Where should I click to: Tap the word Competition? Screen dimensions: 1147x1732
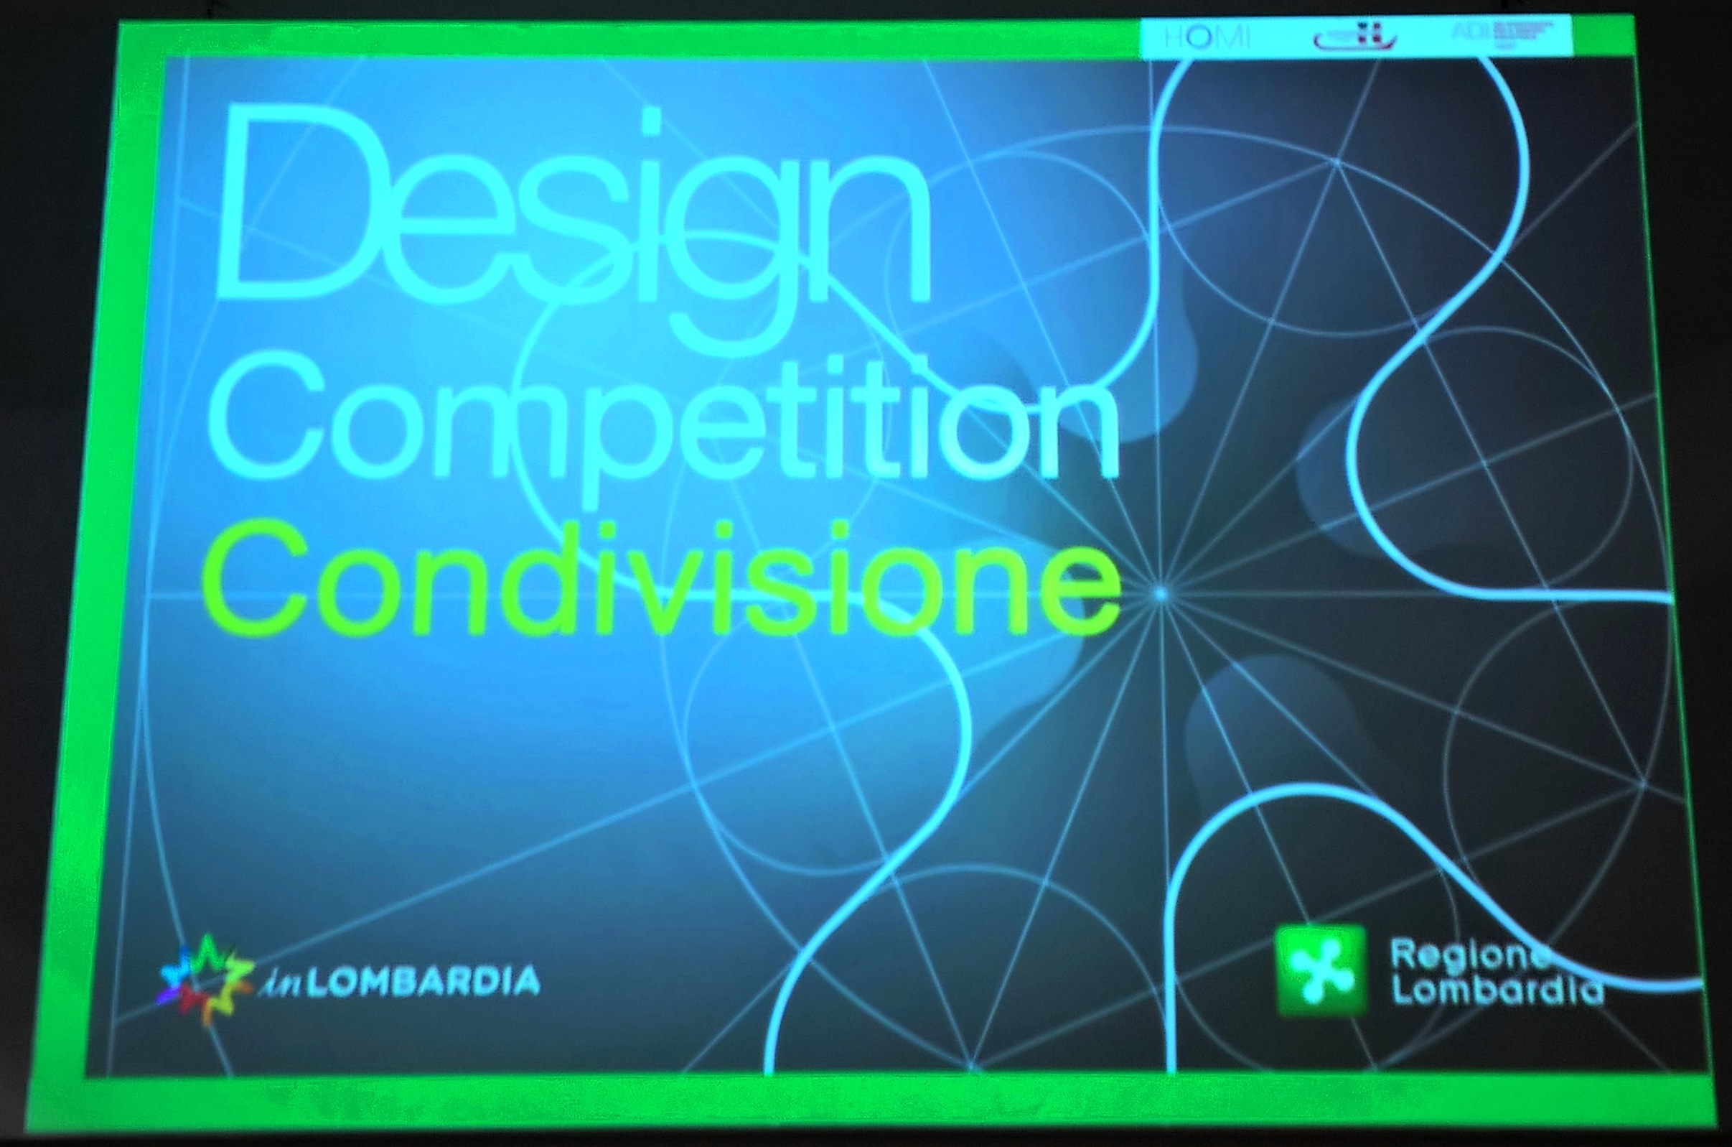coord(662,424)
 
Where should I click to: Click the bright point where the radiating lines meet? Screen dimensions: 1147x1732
coord(1161,594)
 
